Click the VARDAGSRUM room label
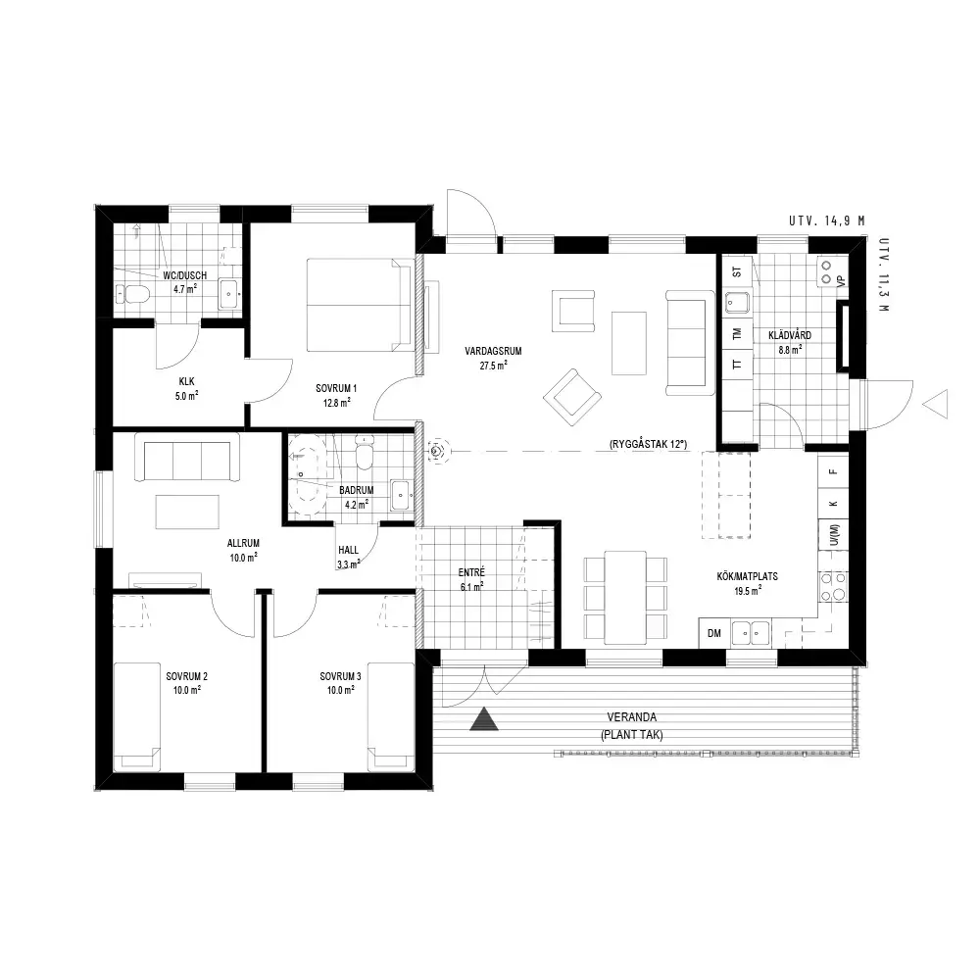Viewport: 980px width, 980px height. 493,351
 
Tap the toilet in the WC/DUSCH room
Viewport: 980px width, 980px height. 132,293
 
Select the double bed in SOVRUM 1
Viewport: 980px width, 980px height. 360,305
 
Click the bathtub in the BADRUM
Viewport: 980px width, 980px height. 307,475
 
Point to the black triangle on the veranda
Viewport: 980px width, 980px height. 484,718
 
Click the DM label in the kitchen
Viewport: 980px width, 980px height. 713,633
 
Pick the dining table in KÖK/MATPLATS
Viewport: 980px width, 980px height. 625,598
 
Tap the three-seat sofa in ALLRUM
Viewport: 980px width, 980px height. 187,458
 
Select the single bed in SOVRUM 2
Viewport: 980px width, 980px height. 137,717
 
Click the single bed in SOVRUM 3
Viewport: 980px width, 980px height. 391,717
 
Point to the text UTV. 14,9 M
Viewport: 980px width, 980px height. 826,220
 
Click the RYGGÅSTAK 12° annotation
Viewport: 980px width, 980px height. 648,444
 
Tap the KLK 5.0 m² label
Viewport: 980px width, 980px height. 187,388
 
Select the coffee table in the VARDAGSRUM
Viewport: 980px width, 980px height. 629,343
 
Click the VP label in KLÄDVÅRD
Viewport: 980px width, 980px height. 841,280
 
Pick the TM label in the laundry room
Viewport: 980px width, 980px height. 738,334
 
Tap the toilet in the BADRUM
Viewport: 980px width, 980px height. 364,453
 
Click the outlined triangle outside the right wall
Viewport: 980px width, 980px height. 936,404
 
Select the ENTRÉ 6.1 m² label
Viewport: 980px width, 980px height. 471,579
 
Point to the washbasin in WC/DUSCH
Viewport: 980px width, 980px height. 227,295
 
